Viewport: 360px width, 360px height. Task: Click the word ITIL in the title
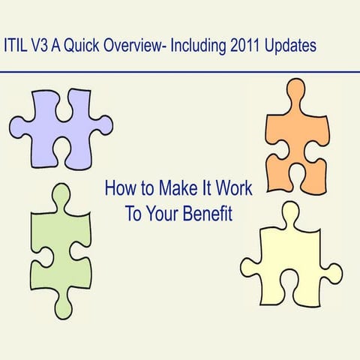point(17,45)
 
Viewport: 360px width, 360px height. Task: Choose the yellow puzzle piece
point(292,259)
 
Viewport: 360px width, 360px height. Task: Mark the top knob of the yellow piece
point(289,213)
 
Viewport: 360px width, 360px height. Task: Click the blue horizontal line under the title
point(180,72)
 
